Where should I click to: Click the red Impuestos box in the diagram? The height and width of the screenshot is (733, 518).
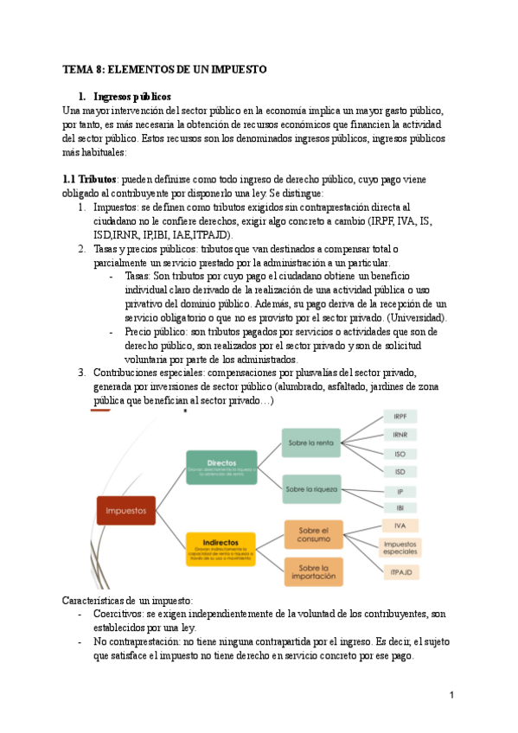[x=126, y=511]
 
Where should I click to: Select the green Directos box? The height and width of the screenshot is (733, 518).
[x=221, y=467]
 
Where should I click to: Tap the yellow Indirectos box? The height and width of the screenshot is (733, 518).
[x=221, y=549]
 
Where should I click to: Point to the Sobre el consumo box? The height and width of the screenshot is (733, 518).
[x=315, y=534]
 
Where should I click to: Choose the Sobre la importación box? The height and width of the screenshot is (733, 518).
[x=315, y=570]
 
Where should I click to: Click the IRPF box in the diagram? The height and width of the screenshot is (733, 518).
[x=400, y=417]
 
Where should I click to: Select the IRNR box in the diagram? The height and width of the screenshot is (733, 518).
[x=400, y=435]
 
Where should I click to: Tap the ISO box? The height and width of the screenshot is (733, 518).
[x=400, y=453]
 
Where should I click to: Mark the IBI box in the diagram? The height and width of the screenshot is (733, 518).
[x=400, y=507]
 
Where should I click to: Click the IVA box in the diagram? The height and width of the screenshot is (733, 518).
[x=400, y=526]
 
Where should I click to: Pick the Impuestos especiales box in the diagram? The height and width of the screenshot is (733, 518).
[x=400, y=547]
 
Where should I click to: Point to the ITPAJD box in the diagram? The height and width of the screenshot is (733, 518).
[x=400, y=570]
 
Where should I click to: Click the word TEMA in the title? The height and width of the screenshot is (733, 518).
[x=80, y=68]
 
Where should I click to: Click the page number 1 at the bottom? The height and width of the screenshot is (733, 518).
[x=451, y=695]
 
